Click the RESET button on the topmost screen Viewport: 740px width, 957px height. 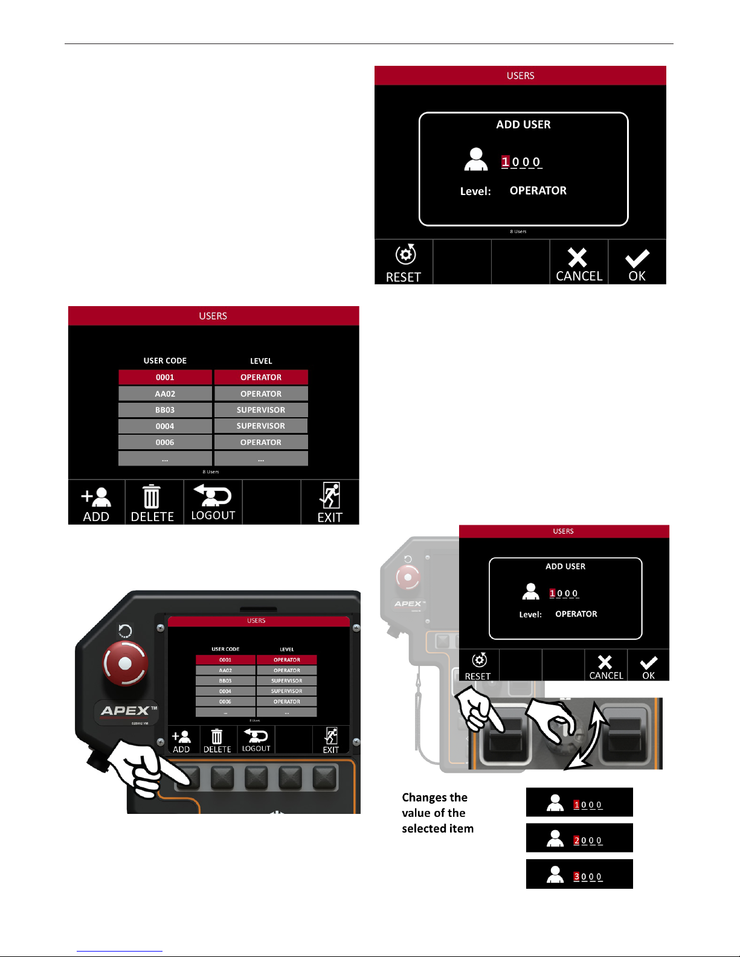(x=404, y=263)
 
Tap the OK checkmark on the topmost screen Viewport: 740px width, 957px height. (x=637, y=263)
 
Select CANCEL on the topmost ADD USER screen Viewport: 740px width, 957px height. (x=579, y=263)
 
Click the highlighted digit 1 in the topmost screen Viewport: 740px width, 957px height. (x=506, y=162)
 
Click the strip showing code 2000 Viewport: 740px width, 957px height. (x=579, y=838)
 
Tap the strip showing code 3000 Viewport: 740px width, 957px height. (x=579, y=874)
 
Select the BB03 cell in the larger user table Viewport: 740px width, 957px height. (x=165, y=410)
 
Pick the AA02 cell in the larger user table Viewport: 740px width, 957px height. (x=165, y=394)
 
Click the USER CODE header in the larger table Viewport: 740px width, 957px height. (x=165, y=361)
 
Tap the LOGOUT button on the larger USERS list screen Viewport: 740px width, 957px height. (x=213, y=502)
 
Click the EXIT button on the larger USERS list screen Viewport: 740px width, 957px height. (x=330, y=502)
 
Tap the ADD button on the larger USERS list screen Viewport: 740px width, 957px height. (x=97, y=502)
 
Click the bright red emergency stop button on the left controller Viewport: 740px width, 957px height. (x=126, y=663)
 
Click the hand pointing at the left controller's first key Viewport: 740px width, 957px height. (x=139, y=770)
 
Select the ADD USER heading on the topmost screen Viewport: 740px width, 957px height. (x=523, y=125)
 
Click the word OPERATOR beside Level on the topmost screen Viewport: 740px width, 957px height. (x=538, y=191)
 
